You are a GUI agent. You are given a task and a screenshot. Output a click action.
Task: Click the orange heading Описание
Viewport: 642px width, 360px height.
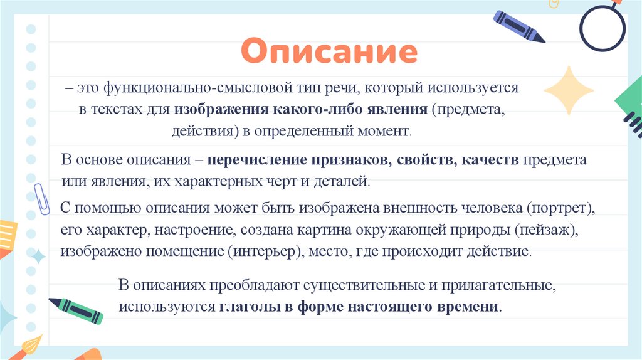click(329, 52)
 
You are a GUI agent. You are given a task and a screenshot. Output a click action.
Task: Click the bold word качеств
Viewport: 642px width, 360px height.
click(491, 160)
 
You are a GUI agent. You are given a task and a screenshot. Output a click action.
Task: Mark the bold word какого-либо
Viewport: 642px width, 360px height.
click(309, 110)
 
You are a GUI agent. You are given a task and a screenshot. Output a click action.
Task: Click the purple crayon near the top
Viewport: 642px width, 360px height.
click(519, 26)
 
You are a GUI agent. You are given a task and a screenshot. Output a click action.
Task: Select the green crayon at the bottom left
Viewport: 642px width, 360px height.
click(76, 310)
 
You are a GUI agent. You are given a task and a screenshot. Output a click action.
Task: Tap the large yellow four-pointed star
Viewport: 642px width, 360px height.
click(568, 90)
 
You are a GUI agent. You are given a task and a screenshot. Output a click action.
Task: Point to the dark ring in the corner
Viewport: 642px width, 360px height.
click(602, 28)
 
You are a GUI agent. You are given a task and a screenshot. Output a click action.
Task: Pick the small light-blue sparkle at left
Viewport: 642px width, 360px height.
click(38, 256)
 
